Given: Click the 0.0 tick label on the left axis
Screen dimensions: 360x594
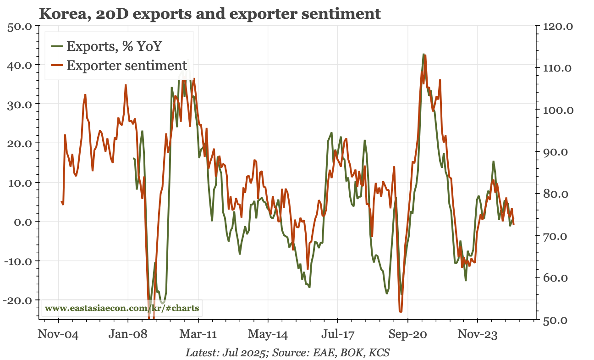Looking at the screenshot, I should tap(22, 222).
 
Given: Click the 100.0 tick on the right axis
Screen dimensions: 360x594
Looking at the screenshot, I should tap(557, 110).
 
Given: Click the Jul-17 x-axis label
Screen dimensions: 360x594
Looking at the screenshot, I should tap(338, 334).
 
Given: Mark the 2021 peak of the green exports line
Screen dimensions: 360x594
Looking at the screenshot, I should tap(423, 54).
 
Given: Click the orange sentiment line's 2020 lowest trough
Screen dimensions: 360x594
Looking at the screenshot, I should tap(401, 312).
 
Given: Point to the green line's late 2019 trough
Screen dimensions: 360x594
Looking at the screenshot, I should tap(387, 294).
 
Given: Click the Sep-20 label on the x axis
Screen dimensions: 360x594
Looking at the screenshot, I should tap(408, 334).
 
